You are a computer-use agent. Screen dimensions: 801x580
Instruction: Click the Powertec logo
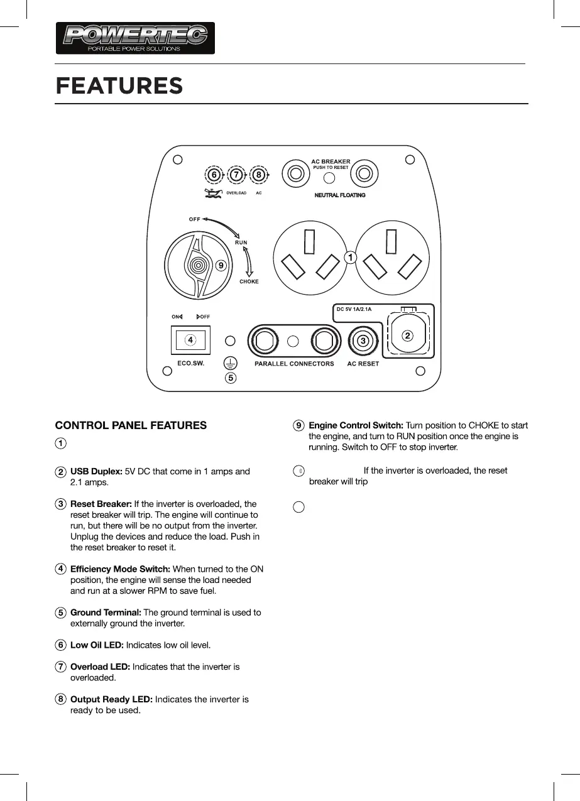(135, 38)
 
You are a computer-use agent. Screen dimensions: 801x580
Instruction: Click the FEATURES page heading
(119, 85)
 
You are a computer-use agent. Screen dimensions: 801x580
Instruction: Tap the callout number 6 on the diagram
(214, 174)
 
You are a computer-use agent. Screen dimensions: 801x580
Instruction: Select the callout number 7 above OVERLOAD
(236, 174)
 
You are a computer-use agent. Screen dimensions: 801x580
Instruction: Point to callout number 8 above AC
(258, 174)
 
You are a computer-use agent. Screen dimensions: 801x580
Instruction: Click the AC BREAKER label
(331, 161)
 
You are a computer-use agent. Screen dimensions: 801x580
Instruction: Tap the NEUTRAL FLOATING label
(339, 195)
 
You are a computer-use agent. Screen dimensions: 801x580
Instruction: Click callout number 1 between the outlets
(350, 257)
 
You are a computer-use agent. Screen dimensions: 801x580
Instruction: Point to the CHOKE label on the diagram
(249, 281)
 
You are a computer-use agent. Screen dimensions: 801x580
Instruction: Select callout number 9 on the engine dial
(221, 266)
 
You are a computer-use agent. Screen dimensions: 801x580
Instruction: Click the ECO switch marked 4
(190, 339)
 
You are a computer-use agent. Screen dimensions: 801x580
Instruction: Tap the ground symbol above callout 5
(231, 363)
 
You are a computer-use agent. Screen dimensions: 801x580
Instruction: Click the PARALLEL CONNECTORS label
(294, 364)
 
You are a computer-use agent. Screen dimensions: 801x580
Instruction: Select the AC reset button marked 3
(363, 341)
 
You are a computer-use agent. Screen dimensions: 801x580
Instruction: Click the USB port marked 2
(408, 335)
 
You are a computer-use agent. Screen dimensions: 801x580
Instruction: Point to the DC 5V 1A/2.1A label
(354, 309)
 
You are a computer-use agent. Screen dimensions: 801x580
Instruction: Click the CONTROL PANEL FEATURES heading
(131, 425)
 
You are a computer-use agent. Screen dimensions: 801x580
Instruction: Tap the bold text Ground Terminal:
(106, 612)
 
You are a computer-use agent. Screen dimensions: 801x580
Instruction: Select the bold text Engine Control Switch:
(356, 425)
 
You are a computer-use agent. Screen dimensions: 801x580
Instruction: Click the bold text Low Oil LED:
(97, 645)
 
